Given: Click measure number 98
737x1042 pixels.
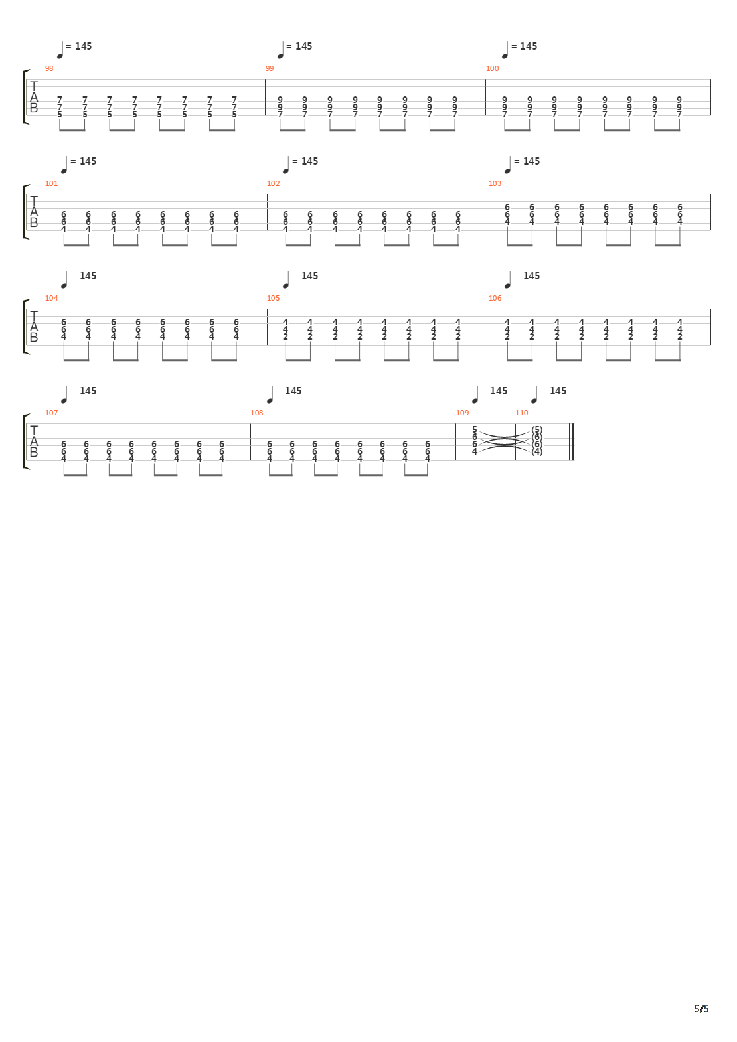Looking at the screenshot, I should click(x=49, y=68).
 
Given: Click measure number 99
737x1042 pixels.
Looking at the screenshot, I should click(x=270, y=68).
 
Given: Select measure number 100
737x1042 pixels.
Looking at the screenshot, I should click(x=492, y=68).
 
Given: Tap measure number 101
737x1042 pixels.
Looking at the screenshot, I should click(x=51, y=183).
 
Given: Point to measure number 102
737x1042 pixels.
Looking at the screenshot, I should click(x=273, y=183).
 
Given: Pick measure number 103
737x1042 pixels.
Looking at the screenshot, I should click(x=495, y=183).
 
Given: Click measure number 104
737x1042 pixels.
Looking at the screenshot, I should click(x=51, y=298).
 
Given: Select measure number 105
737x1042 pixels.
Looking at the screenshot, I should click(x=273, y=298).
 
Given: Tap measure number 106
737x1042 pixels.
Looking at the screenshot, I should click(x=495, y=298).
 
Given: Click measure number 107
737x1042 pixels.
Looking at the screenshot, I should click(x=51, y=413).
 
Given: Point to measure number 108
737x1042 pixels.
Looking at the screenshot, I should click(x=256, y=413).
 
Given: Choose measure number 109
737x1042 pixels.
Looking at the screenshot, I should click(x=462, y=413).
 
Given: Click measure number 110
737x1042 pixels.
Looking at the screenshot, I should click(x=521, y=413).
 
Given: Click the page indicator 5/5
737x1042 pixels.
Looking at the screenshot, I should click(x=701, y=1009).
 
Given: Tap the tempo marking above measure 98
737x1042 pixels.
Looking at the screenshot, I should click(x=75, y=47).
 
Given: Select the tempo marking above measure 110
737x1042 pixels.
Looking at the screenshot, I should click(x=549, y=392).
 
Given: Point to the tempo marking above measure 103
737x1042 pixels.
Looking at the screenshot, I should click(x=523, y=162).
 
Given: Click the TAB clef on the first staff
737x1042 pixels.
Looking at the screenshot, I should click(x=34, y=97).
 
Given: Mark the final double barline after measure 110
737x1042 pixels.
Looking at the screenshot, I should click(x=572, y=441).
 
